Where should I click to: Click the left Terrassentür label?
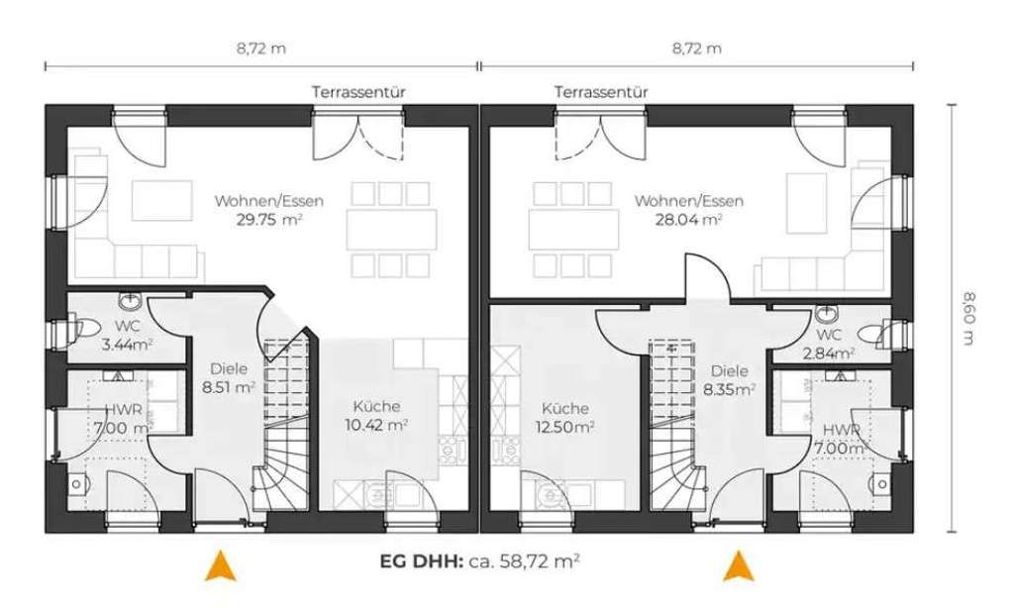359,91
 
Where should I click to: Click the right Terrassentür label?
601,91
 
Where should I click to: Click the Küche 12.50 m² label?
566,417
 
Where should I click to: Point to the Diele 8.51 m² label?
227,378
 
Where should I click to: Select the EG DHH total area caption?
479,560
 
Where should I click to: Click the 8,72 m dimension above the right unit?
696,48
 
